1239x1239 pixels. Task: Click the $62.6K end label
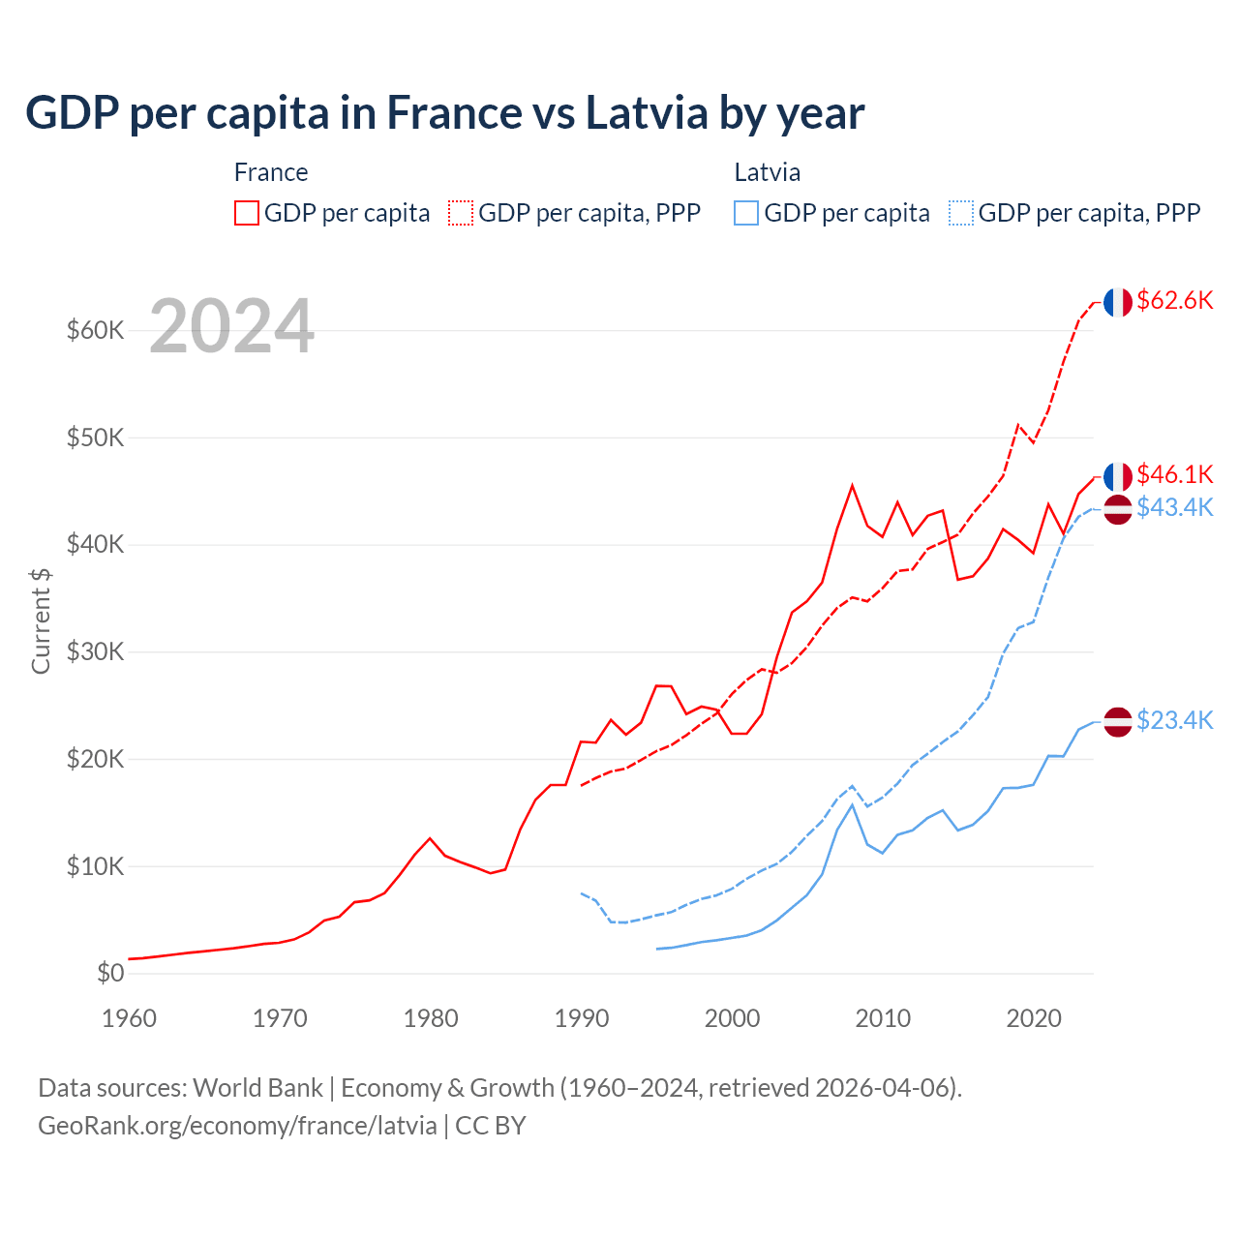tap(1174, 301)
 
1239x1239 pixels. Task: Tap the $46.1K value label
tap(1174, 474)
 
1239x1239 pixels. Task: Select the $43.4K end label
tap(1174, 507)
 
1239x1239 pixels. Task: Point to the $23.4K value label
tap(1174, 720)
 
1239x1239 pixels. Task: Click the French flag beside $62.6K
tap(1118, 302)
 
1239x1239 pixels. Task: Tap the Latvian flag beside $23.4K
tap(1118, 721)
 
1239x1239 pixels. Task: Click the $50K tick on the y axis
tap(96, 438)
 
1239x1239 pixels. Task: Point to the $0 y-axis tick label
tap(110, 973)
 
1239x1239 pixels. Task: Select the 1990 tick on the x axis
tap(582, 1018)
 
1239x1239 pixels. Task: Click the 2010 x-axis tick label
tap(883, 1018)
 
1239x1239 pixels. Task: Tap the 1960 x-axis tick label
tap(130, 1018)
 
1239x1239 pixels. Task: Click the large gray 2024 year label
tap(231, 327)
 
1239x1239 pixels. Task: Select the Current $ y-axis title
tap(41, 620)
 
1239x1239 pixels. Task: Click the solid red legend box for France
tap(247, 213)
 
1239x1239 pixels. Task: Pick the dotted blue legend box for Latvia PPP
tap(961, 213)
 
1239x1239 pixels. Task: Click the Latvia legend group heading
tap(767, 172)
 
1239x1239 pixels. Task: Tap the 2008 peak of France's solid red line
tap(852, 486)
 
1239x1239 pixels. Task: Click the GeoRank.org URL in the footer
tap(237, 1126)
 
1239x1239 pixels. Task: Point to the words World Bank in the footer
tap(257, 1088)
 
